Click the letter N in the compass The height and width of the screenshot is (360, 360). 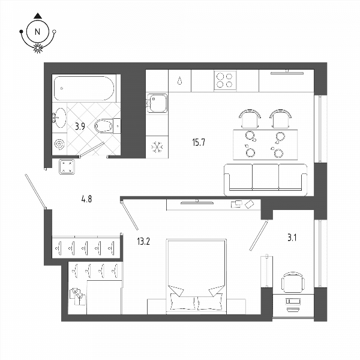pos(37,32)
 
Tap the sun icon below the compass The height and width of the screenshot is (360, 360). pos(38,48)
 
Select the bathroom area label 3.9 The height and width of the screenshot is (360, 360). pos(80,126)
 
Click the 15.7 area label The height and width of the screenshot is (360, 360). pos(199,142)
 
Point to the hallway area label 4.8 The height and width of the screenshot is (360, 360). pos(86,199)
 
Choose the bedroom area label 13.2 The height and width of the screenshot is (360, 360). pos(143,242)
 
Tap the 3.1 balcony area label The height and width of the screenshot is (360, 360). pos(292,238)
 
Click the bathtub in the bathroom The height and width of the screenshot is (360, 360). pos(84,88)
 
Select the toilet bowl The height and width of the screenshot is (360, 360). pos(104,126)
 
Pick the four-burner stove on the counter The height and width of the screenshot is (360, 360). pos(225,80)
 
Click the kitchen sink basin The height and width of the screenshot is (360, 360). pos(157,103)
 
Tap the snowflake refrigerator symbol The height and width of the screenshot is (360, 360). pos(157,147)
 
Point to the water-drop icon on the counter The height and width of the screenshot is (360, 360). pos(179,80)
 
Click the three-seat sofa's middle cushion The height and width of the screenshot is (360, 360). pos(266,176)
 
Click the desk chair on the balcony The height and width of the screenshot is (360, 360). pos(293,282)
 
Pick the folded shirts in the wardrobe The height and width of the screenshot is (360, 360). pos(78,296)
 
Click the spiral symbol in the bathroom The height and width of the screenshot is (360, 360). pos(59,144)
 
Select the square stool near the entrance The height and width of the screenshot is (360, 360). pos(67,167)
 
